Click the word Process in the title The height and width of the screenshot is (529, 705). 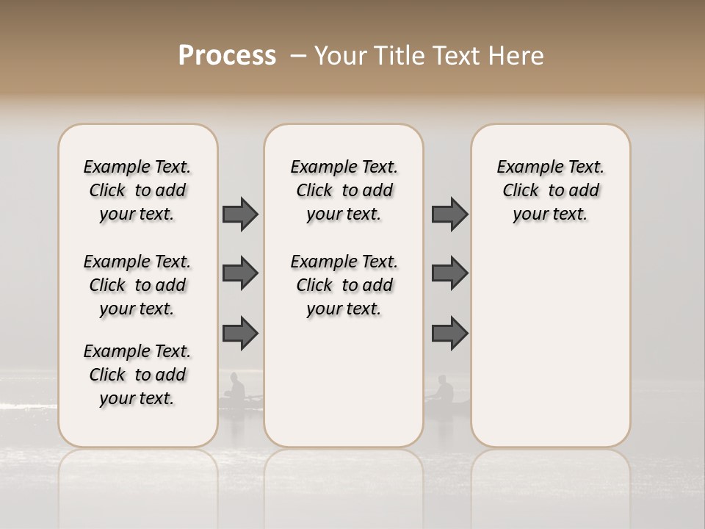(x=227, y=56)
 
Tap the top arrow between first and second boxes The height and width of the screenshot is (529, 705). (x=240, y=215)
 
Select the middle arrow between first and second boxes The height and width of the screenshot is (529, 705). (x=240, y=274)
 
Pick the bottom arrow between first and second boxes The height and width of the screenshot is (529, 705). (x=240, y=334)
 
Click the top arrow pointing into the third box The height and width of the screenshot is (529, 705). (x=449, y=215)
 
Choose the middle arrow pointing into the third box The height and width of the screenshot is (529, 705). (x=449, y=274)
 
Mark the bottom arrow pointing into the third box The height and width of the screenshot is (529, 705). (x=449, y=334)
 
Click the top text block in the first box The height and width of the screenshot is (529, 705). (x=137, y=190)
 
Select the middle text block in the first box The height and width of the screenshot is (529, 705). (x=137, y=285)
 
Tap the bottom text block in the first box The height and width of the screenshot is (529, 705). (x=137, y=375)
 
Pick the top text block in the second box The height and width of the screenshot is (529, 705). (x=344, y=190)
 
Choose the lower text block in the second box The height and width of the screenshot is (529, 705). (x=344, y=285)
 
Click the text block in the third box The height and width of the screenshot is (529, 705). (x=550, y=190)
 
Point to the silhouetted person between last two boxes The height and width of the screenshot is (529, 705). (x=444, y=390)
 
